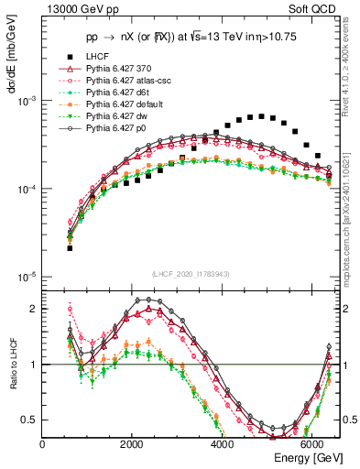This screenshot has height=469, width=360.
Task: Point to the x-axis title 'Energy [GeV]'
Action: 307,457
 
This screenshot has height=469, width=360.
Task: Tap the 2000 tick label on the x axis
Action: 132,443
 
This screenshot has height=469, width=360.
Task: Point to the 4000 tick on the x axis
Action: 223,443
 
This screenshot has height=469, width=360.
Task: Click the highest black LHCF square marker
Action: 261,116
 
